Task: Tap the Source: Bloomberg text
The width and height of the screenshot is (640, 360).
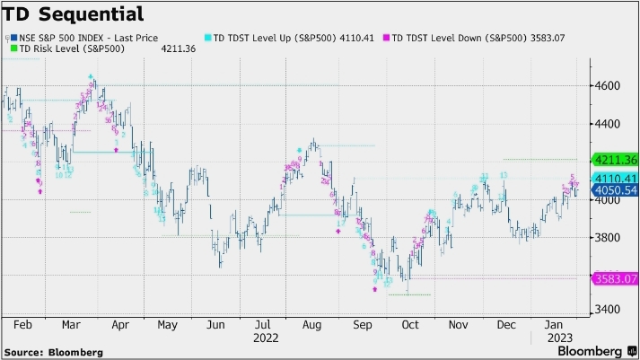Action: (53, 350)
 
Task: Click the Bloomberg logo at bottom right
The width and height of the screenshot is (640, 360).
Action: (592, 349)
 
